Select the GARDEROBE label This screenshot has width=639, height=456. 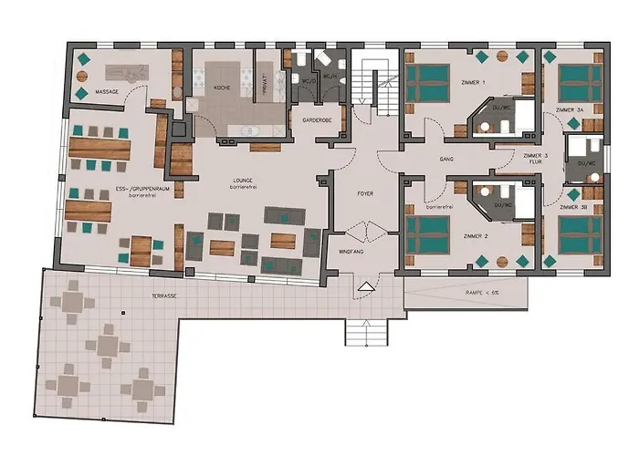click(309, 120)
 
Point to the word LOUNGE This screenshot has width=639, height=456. click(243, 181)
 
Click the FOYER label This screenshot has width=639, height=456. click(365, 194)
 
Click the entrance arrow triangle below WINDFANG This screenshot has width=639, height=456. click(367, 286)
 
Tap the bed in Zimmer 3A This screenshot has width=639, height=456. click(573, 84)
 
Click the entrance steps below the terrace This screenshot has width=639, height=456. click(364, 333)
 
